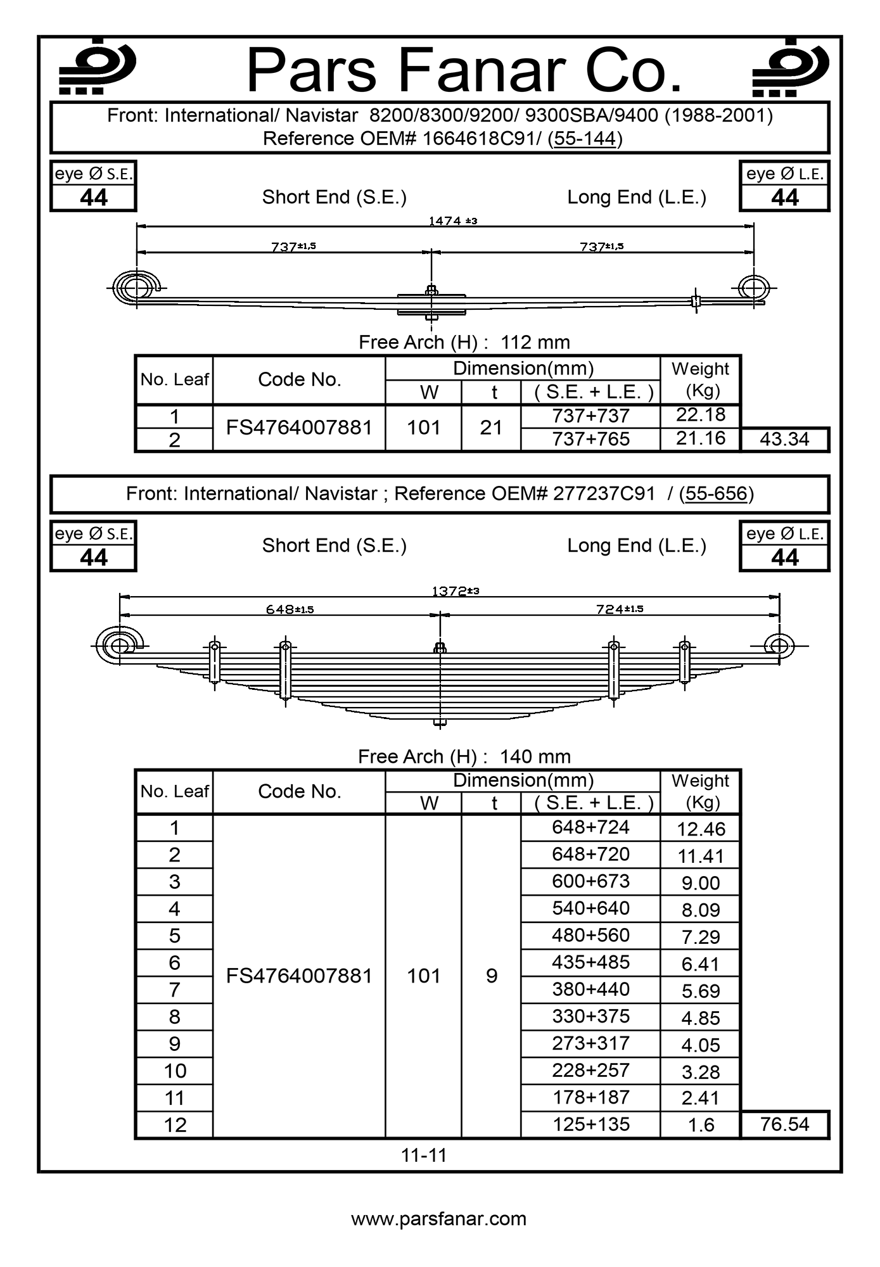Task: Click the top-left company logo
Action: tap(96, 67)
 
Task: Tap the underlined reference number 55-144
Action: tap(585, 138)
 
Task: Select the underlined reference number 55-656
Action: tap(716, 493)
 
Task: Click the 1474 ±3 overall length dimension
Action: tap(452, 220)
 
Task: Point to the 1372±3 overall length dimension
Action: tap(455, 591)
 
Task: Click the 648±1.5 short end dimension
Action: tap(290, 609)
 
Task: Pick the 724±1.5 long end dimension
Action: tap(620, 609)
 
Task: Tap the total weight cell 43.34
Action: tap(784, 439)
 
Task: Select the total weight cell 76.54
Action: tap(784, 1124)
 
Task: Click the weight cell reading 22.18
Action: tap(700, 415)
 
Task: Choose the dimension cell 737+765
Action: tap(590, 439)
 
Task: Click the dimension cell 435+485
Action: tap(590, 962)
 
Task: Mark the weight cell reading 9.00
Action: tap(700, 883)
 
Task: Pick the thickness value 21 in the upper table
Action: tap(491, 428)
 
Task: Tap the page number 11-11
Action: tap(424, 1155)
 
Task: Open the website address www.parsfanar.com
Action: tap(439, 1219)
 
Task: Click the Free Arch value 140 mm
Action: tap(535, 756)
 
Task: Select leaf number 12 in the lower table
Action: tap(175, 1125)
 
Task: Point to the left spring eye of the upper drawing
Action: tap(135, 289)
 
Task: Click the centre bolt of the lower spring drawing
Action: tap(440, 684)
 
